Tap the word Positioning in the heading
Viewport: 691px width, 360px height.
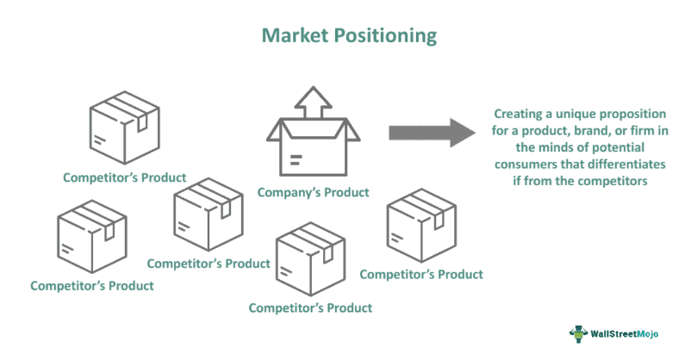(x=383, y=36)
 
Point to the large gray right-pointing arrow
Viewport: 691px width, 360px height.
(x=432, y=133)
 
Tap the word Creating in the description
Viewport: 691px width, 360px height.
(x=520, y=114)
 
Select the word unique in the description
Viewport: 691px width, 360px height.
(x=570, y=114)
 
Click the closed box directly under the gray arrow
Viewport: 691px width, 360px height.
(x=420, y=230)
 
